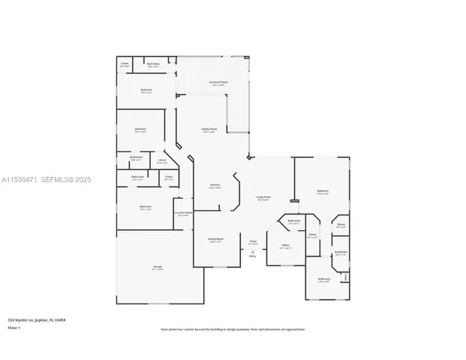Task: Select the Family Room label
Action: pyautogui.click(x=209, y=129)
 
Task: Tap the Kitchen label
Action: pyautogui.click(x=215, y=186)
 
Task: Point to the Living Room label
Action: pyautogui.click(x=263, y=198)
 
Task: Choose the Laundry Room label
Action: pyautogui.click(x=183, y=213)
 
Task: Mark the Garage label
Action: pyautogui.click(x=158, y=267)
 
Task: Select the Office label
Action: pyautogui.click(x=285, y=245)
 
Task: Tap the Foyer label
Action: pyautogui.click(x=253, y=241)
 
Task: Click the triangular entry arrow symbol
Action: pyautogui.click(x=253, y=251)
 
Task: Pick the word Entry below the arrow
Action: pyautogui.click(x=253, y=256)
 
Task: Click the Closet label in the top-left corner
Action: pyautogui.click(x=125, y=64)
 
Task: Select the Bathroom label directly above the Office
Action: pyautogui.click(x=294, y=221)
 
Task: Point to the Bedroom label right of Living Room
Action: pyautogui.click(x=323, y=191)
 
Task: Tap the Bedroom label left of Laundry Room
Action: pyautogui.click(x=146, y=208)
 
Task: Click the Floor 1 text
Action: pyautogui.click(x=14, y=328)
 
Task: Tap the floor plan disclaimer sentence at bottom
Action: pyautogui.click(x=233, y=328)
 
